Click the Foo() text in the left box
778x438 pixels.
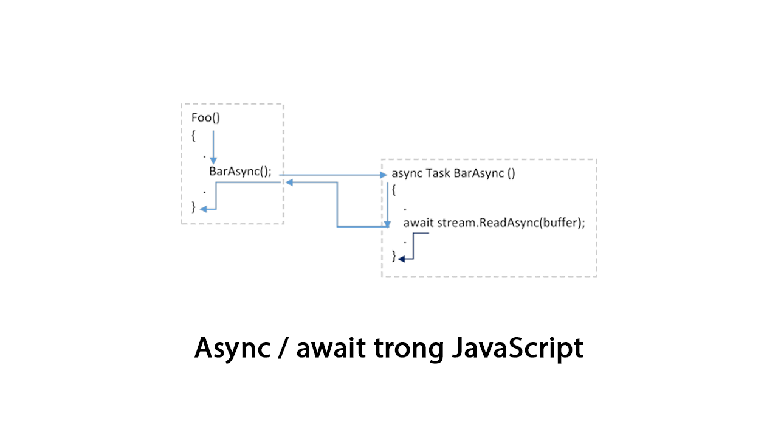coord(205,118)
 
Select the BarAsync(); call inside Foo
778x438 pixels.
coord(240,171)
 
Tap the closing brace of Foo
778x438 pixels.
coord(194,207)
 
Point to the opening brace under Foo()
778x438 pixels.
coord(193,136)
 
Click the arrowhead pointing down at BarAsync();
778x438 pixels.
coord(213,160)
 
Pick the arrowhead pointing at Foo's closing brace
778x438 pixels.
coord(204,209)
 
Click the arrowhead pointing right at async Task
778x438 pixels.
coord(383,175)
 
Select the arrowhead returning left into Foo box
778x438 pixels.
coord(290,181)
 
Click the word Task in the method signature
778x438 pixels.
coord(438,173)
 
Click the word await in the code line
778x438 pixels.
coord(419,223)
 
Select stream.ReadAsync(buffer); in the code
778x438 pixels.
coord(511,223)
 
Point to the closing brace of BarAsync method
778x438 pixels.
coord(394,257)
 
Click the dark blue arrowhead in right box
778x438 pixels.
coord(402,259)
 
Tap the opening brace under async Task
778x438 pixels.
coord(394,190)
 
